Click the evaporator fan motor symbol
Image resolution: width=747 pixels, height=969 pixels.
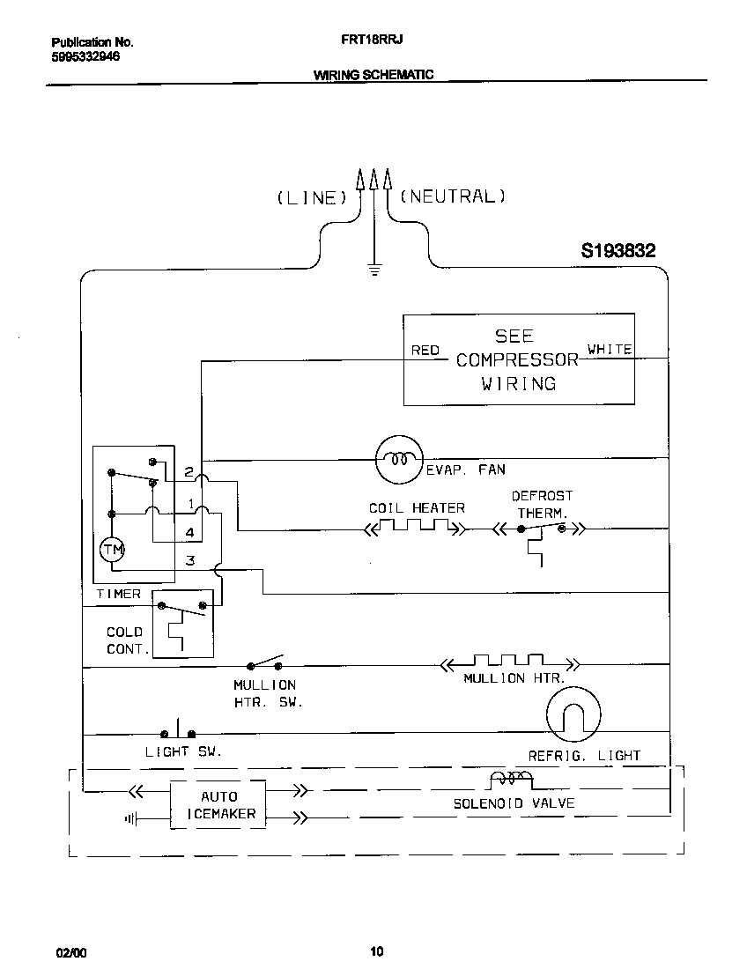399,459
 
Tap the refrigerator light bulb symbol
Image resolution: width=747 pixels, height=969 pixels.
573,713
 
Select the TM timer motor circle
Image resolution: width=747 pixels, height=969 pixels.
112,551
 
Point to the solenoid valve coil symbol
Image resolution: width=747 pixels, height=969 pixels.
511,778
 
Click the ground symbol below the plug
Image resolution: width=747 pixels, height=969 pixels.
375,270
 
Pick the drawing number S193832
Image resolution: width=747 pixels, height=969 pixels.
618,251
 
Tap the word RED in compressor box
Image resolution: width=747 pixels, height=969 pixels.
425,351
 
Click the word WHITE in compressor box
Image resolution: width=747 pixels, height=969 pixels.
610,350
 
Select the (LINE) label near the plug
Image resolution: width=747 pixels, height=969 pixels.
307,198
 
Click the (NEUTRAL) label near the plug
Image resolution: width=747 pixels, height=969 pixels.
453,196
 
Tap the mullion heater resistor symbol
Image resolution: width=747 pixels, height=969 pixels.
509,662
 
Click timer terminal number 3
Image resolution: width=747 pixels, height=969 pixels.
189,560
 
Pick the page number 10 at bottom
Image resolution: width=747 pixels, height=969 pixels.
376,951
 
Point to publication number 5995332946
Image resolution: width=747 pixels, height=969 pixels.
85,56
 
